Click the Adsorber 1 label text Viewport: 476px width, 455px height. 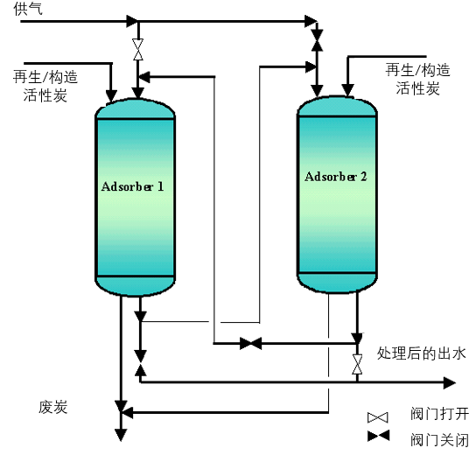133,186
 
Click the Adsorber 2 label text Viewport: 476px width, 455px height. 336,177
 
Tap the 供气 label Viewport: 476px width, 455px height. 28,9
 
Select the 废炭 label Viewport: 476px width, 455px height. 52,407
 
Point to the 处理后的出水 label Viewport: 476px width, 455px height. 421,353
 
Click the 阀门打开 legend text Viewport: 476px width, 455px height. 439,414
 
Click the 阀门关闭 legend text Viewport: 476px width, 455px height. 439,439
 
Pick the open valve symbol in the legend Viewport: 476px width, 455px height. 378,417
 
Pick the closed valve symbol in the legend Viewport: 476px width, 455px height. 378,436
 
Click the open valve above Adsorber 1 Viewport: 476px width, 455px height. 138,50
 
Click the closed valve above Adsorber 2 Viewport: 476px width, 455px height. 318,40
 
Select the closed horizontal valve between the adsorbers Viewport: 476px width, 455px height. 251,343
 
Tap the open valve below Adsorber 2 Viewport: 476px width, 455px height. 357,364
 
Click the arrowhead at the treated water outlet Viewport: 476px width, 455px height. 450,382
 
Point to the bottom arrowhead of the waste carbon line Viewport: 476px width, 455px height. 121,435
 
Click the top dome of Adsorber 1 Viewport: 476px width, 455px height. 135,108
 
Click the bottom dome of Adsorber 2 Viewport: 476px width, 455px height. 337,283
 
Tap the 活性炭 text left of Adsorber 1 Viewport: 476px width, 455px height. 45,95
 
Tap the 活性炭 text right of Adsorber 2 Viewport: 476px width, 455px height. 417,88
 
